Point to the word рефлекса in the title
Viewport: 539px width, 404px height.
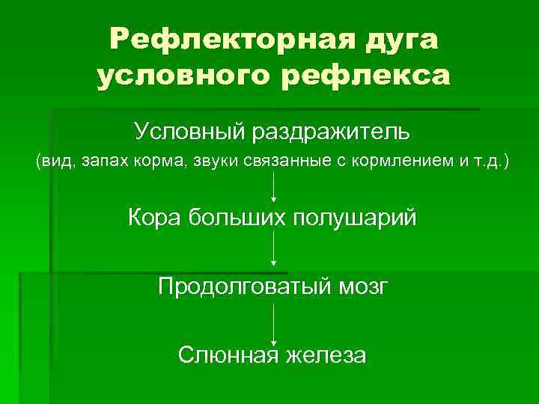click(367, 76)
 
